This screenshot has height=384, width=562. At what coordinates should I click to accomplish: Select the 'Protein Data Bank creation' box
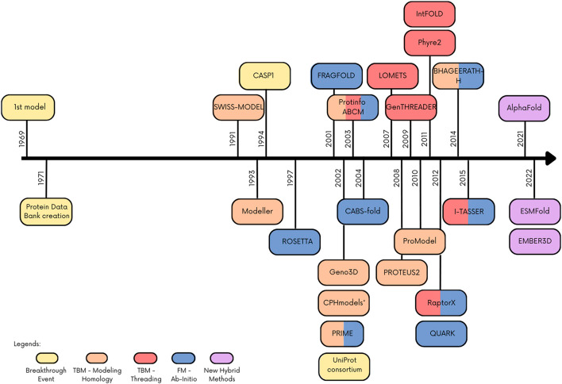46,210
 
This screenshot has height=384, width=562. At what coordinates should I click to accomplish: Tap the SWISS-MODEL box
237,106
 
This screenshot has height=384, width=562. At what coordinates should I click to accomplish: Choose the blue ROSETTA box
294,241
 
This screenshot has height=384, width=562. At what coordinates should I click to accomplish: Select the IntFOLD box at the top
430,13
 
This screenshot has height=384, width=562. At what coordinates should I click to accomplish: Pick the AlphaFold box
520,106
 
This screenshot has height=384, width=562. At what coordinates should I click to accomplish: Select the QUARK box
440,332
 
